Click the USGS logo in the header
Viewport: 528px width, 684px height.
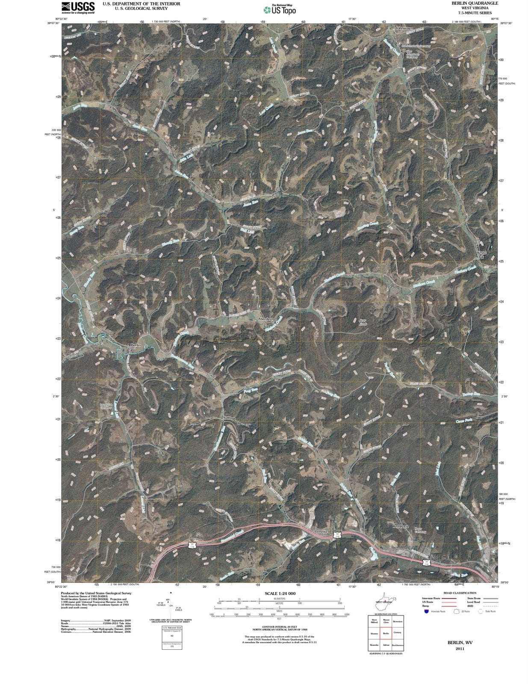point(78,7)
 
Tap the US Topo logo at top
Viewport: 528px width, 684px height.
point(280,9)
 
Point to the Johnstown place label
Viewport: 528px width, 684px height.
point(404,28)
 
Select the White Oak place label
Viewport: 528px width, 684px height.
point(481,255)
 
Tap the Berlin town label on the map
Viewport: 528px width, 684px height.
point(136,345)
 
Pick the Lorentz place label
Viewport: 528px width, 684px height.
point(321,531)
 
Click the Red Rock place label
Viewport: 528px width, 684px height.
point(401,526)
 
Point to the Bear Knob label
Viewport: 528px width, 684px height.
point(363,322)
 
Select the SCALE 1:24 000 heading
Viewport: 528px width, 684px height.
point(280,593)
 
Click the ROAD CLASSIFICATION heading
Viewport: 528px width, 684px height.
point(460,593)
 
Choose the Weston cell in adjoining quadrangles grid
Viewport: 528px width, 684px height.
point(374,634)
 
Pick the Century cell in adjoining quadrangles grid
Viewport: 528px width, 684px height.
point(397,633)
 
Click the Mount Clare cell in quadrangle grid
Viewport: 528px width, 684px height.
point(386,621)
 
